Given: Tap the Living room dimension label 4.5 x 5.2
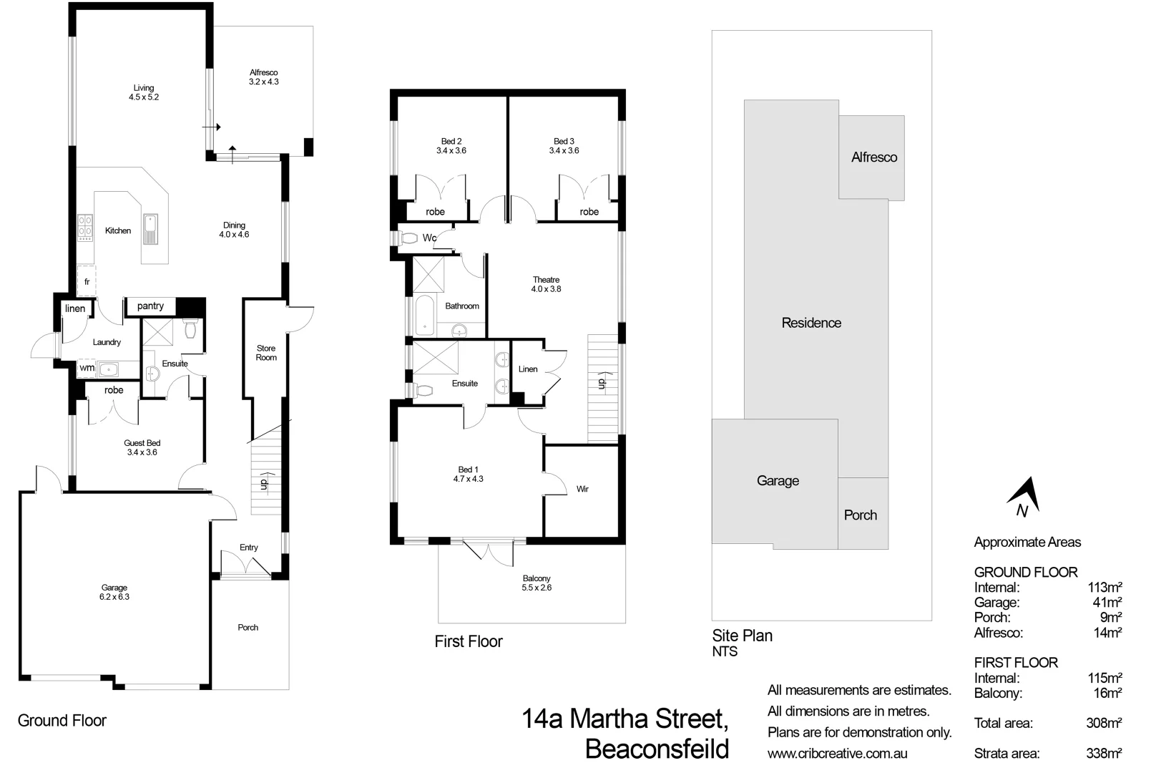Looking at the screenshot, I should [144, 97].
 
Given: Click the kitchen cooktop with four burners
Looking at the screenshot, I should [85, 226].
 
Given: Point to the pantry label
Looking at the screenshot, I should [150, 306].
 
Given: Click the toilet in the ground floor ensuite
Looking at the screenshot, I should [190, 329].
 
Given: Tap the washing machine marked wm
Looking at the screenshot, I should [87, 368].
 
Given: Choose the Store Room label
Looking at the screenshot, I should [266, 353].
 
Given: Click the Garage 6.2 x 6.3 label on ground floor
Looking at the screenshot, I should [114, 593].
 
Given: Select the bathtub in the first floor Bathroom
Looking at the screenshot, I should [425, 316].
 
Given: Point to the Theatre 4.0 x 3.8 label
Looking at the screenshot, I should [546, 285].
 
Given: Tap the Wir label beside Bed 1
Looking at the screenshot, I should [582, 490].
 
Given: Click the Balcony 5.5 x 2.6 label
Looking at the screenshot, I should [537, 583].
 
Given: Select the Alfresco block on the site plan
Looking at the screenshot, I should [873, 157].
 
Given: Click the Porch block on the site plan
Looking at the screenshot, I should [860, 515].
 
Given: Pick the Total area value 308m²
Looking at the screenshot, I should [1103, 724].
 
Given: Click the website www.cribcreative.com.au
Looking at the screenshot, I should [837, 754].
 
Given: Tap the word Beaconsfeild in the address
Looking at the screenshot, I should [657, 749].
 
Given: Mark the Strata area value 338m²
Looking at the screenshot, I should [1103, 754].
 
